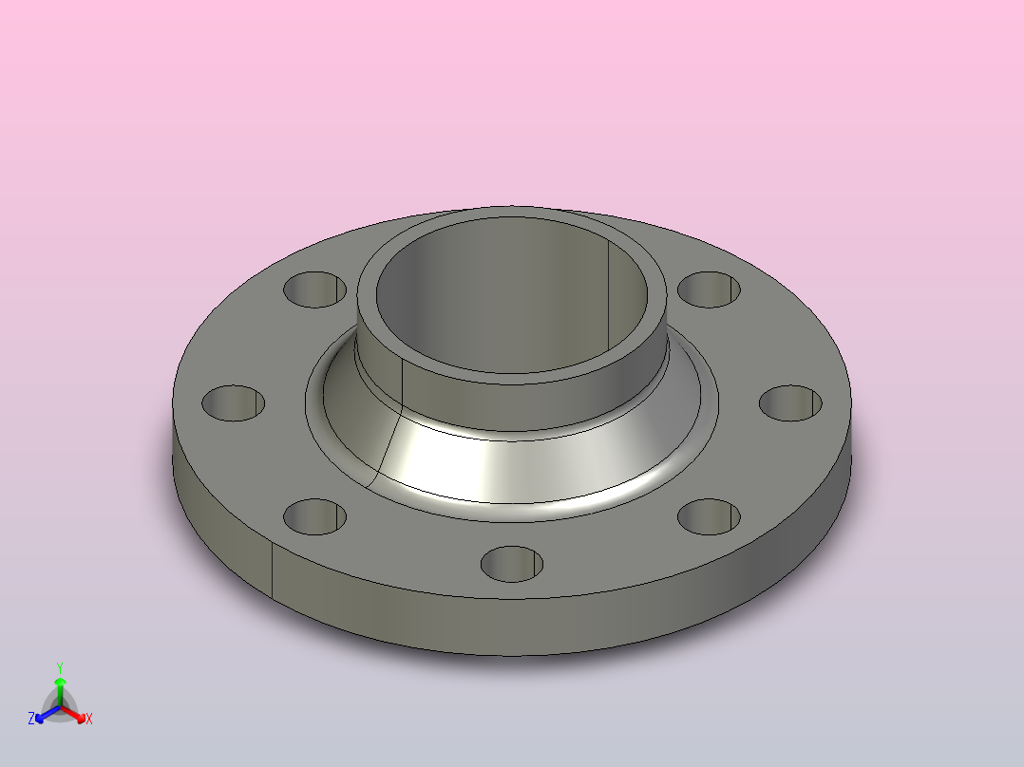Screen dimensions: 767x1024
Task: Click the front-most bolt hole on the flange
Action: [x=512, y=563]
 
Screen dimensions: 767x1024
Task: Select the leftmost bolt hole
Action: [x=234, y=403]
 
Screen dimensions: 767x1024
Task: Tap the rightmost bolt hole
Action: [x=791, y=402]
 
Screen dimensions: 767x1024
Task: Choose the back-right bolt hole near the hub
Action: [x=710, y=289]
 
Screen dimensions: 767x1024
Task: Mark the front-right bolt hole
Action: [x=710, y=517]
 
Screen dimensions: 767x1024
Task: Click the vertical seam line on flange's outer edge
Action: [x=274, y=574]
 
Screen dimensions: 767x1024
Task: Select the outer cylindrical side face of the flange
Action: [x=570, y=627]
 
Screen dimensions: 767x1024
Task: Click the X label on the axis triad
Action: [x=89, y=720]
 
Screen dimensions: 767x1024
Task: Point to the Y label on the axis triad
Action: [x=59, y=667]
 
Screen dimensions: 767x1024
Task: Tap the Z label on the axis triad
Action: [x=31, y=720]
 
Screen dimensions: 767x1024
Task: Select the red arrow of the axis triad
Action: [x=78, y=714]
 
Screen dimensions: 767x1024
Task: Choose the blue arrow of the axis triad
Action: [x=42, y=715]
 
